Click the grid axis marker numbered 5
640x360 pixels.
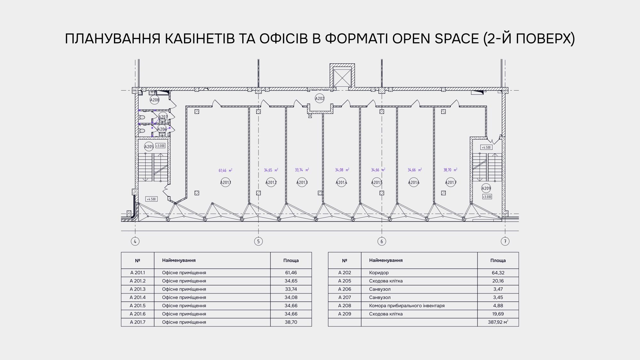coord(258,241)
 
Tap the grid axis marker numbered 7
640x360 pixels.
coord(505,241)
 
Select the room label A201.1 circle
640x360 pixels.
coord(226,182)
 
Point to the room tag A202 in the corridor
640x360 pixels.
coord(320,99)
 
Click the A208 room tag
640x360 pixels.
coord(155,100)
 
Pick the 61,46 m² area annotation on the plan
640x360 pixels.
coord(226,171)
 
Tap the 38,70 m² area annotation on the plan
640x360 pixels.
coord(450,170)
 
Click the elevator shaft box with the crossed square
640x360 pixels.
coord(342,77)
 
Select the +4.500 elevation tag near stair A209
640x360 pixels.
coord(486,148)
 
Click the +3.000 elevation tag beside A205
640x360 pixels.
coord(160,146)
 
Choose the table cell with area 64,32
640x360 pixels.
coord(498,273)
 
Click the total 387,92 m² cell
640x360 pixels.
coord(498,322)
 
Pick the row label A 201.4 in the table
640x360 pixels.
coord(138,297)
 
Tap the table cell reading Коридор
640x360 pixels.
coord(379,273)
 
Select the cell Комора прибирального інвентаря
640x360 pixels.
coord(407,306)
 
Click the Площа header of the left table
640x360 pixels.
coord(291,260)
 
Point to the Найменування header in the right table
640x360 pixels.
coord(386,260)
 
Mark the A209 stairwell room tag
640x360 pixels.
coord(486,188)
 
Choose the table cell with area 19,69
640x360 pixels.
coord(498,314)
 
